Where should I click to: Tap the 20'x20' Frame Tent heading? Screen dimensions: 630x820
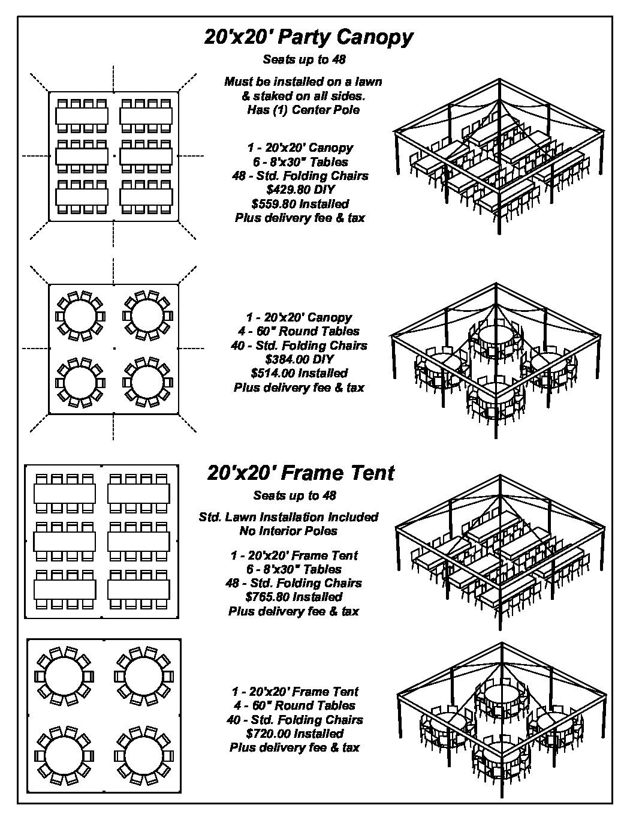pyautogui.click(x=300, y=473)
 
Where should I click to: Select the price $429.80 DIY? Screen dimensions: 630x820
pyautogui.click(x=300, y=190)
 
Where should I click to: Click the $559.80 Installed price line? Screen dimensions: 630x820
pyautogui.click(x=300, y=204)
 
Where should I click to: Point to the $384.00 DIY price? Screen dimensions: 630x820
pyautogui.click(x=300, y=359)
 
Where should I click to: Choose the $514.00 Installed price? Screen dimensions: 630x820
pyautogui.click(x=299, y=373)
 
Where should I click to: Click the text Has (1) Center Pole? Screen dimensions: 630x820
pyautogui.click(x=303, y=110)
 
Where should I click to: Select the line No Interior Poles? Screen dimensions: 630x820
pyautogui.click(x=288, y=530)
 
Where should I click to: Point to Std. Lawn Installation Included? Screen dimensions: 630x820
pyautogui.click(x=288, y=516)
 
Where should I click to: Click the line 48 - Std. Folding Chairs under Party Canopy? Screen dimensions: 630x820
pyautogui.click(x=300, y=176)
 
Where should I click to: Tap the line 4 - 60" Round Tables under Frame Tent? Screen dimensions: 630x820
pyautogui.click(x=294, y=705)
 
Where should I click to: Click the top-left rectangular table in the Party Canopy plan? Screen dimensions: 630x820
pyautogui.click(x=82, y=116)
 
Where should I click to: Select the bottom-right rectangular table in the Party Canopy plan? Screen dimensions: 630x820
pyautogui.click(x=146, y=197)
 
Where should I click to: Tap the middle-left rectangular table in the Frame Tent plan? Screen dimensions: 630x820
pyautogui.click(x=65, y=542)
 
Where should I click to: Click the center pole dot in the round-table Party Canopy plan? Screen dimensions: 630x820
pyautogui.click(x=114, y=349)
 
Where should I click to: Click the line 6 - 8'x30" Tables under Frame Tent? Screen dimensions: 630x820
pyautogui.click(x=294, y=569)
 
